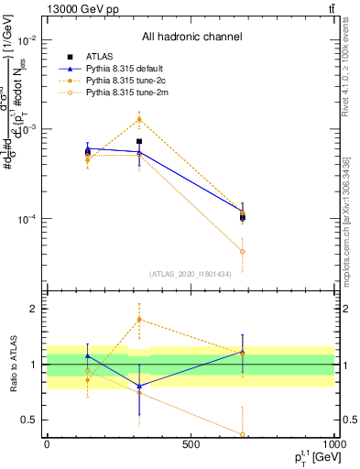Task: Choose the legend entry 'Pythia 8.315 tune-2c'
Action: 124,81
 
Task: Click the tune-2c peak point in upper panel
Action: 139,119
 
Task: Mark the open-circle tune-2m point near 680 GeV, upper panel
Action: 243,251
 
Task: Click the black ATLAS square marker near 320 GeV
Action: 139,142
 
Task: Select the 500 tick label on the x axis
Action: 191,444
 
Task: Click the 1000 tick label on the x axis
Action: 333,444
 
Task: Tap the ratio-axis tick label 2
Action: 33,309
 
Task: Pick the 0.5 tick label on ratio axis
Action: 29,420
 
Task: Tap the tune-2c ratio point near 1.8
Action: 139,320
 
